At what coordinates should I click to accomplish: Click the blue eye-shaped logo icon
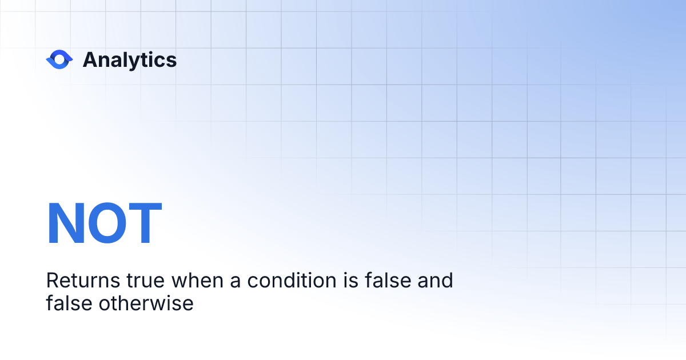pyautogui.click(x=59, y=59)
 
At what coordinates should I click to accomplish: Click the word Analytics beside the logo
pyautogui.click(x=130, y=60)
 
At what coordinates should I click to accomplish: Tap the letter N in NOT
pyautogui.click(x=65, y=224)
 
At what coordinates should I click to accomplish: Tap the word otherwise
pyautogui.click(x=146, y=303)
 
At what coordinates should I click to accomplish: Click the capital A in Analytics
pyautogui.click(x=90, y=60)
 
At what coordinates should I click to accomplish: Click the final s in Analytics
pyautogui.click(x=171, y=61)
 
